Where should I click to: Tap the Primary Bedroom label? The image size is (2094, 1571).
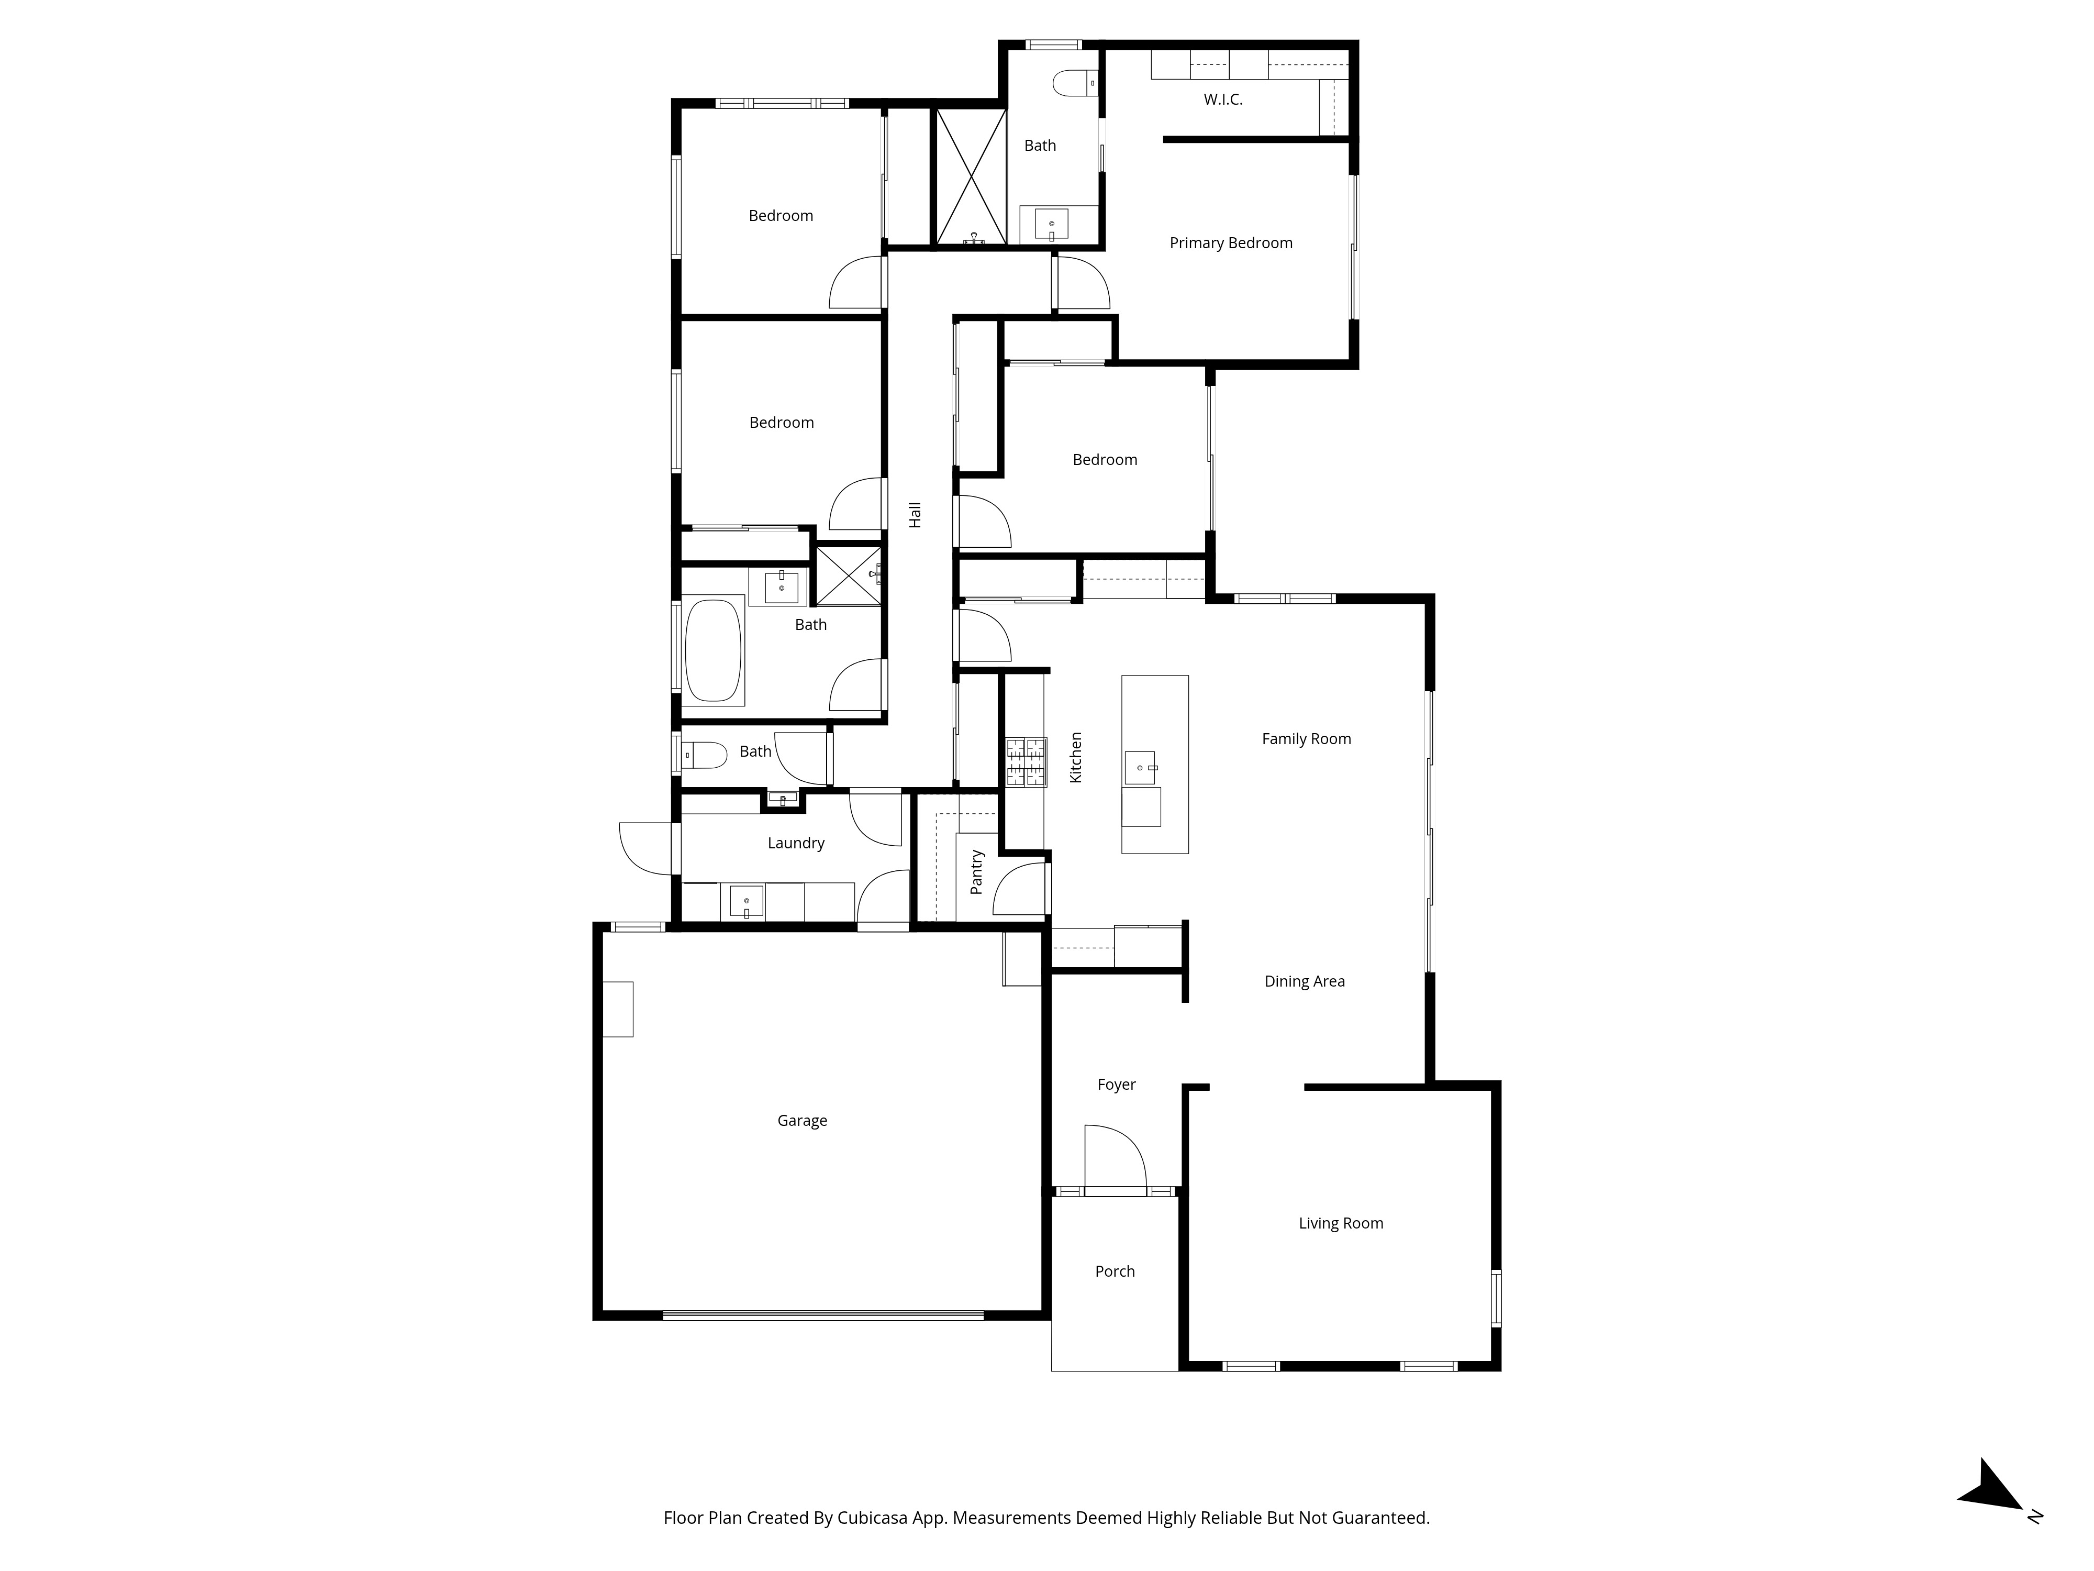pos(1231,244)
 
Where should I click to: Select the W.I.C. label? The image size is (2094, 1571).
pos(1223,99)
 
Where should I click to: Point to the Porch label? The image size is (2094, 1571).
pos(1114,1272)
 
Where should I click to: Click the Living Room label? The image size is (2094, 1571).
pos(1341,1223)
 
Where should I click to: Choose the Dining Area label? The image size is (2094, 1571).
pos(1305,982)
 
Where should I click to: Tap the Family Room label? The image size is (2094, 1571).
pos(1306,739)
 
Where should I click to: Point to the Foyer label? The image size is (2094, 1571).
pos(1116,1085)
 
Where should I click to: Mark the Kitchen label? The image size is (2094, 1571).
pos(1075,758)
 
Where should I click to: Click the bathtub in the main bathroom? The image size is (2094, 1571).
pos(714,650)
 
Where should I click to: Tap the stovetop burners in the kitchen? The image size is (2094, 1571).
pos(1026,762)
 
